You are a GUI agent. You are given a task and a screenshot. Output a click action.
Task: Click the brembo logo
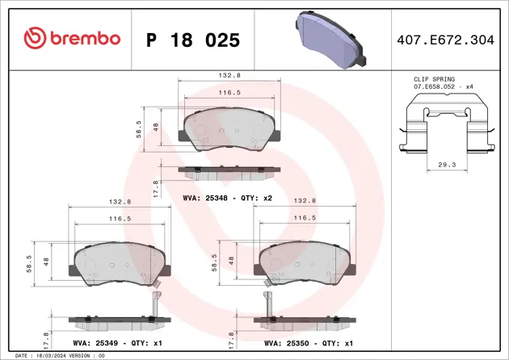pos(72,38)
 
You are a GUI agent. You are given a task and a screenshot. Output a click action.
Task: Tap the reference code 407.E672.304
pos(449,38)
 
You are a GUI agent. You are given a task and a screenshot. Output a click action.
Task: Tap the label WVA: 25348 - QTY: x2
pos(229,197)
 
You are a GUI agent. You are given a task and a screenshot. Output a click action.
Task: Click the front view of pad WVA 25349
pos(121,262)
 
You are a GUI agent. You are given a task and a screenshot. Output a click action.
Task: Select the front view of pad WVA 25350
pos(305,262)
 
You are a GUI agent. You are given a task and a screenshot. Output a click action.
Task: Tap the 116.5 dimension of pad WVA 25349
pos(120,219)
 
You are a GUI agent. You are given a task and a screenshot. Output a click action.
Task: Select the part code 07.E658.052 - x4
pos(442,86)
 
